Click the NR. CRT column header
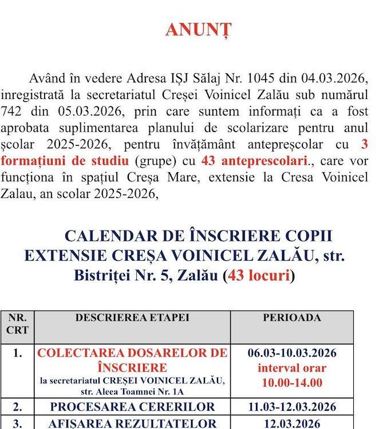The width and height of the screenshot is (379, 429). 17,324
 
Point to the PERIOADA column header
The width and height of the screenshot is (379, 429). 291,317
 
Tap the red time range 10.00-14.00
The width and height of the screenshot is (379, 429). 291,382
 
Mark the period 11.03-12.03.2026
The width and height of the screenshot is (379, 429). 291,407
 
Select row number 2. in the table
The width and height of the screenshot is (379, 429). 17,407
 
